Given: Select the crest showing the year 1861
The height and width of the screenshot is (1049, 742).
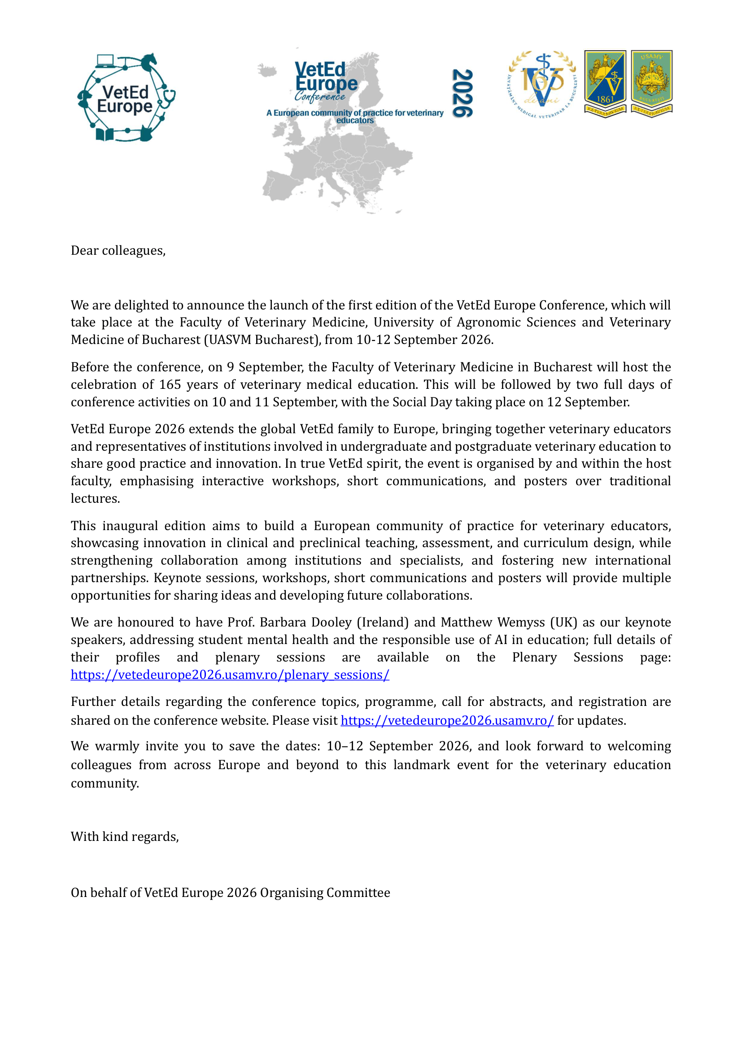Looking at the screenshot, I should click(x=605, y=83).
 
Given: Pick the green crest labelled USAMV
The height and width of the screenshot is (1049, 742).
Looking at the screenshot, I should click(x=651, y=83).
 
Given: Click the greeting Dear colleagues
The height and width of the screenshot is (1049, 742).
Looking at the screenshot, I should click(x=118, y=251).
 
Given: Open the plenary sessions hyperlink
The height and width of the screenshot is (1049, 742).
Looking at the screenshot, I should click(x=230, y=675).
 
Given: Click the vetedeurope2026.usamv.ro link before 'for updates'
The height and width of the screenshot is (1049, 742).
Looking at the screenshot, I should click(x=447, y=721).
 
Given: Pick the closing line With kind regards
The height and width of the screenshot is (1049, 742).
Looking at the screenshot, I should click(x=124, y=836).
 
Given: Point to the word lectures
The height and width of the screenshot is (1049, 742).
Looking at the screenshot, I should click(x=95, y=498).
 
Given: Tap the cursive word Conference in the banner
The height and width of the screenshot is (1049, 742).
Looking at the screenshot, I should click(x=320, y=96).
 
